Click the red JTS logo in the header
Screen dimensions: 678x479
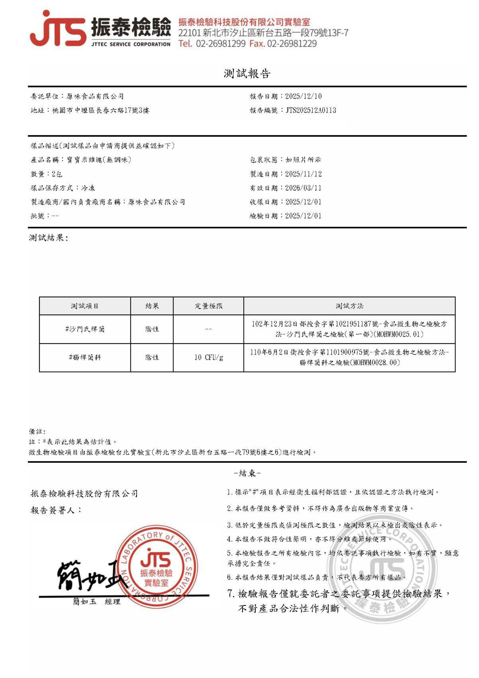(58, 29)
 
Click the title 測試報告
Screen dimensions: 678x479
(247, 73)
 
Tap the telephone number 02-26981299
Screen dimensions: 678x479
(220, 44)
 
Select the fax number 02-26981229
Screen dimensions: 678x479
(292, 44)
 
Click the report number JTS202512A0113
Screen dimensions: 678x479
(311, 110)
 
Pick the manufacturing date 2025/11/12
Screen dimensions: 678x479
(303, 174)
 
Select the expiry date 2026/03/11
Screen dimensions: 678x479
(303, 188)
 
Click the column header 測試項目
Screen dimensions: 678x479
(85, 306)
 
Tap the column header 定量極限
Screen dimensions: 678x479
(208, 306)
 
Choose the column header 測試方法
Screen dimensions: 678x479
(349, 306)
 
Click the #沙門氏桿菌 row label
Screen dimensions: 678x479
(85, 329)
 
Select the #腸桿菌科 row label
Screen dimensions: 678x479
(85, 358)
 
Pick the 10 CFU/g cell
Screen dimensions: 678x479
(208, 358)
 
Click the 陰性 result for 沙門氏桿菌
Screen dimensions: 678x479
(152, 329)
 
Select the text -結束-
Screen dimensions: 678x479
(247, 473)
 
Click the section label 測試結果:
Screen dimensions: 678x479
(48, 238)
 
